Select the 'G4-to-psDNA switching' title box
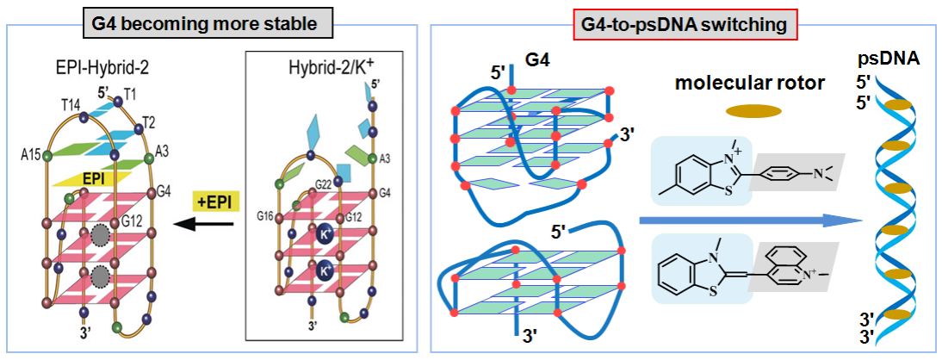[685, 26]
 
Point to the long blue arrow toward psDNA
[749, 222]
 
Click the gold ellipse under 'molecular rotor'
[753, 110]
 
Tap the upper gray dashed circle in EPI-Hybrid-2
[102, 235]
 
